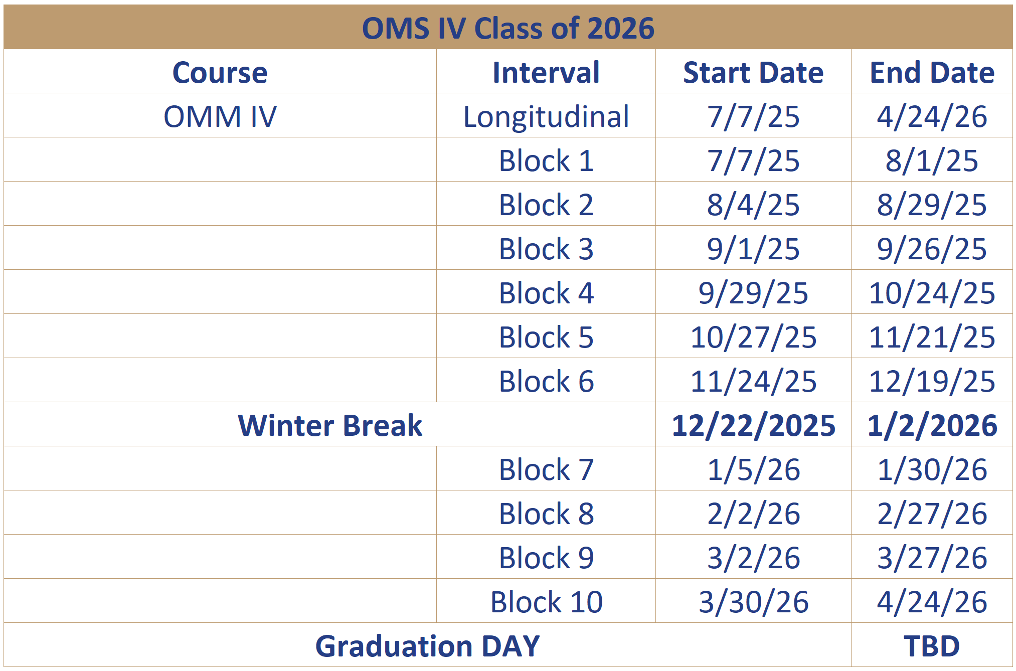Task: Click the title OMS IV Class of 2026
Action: tap(508, 28)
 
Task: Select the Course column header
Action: tap(220, 73)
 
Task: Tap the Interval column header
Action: tap(546, 73)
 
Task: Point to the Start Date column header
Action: tap(753, 73)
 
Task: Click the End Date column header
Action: tap(932, 73)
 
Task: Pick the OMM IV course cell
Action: tap(220, 117)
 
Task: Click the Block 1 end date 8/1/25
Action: tap(932, 161)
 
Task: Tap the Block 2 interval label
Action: tap(546, 205)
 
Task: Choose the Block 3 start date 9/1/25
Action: tap(753, 249)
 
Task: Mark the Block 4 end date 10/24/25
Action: tap(932, 293)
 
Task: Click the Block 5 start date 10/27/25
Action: tap(753, 338)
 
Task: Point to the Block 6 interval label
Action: tap(546, 382)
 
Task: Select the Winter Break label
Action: tap(330, 426)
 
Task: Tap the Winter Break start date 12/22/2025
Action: tap(753, 426)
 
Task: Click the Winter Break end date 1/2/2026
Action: tap(932, 426)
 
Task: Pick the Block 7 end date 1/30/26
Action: tap(932, 470)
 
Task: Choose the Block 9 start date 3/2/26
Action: tap(753, 558)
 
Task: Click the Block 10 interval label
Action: tap(546, 602)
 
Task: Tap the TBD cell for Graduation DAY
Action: tap(932, 646)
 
